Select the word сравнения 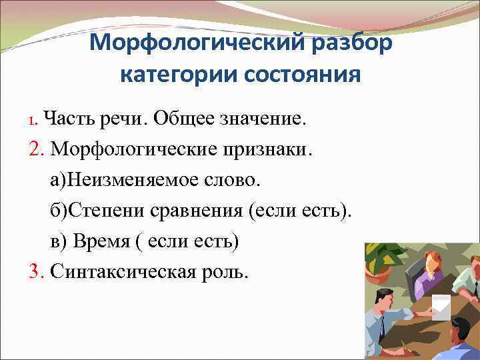pyautogui.click(x=193, y=210)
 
